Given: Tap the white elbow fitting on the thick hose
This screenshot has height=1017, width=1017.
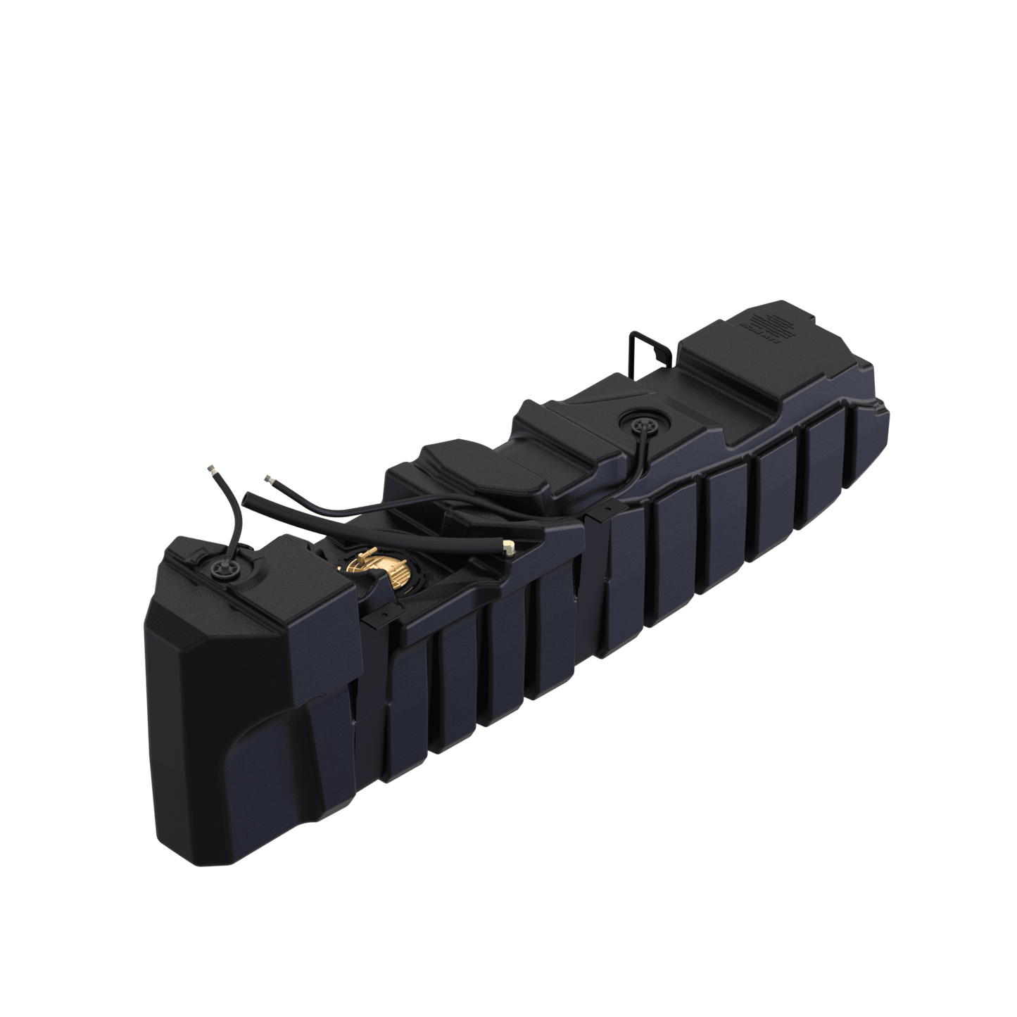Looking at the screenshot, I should point(507,545).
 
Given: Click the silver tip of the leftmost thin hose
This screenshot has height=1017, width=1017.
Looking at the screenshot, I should point(210,469).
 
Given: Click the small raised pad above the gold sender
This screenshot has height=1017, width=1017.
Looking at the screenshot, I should point(450,457).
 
